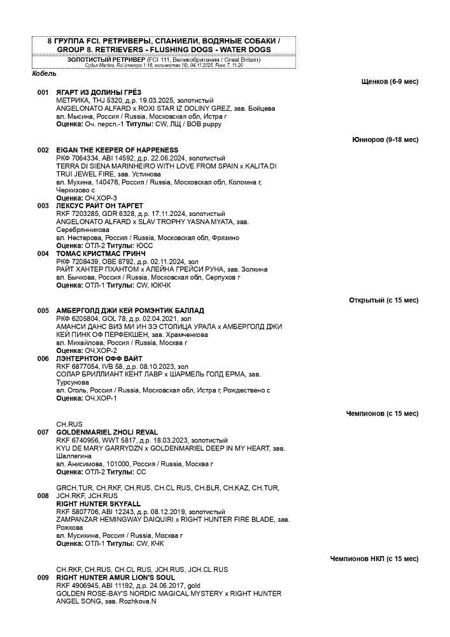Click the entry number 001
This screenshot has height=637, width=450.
[43, 93]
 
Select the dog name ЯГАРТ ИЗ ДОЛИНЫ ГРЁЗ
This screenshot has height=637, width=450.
[99, 93]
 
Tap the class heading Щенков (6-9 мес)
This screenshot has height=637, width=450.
[390, 82]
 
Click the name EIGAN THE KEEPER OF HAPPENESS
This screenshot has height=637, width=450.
[108, 150]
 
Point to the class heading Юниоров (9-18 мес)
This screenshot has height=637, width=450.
[385, 140]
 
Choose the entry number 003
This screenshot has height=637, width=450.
[43, 206]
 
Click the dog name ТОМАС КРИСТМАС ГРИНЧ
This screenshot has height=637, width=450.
[96, 254]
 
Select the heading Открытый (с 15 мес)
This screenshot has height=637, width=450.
[383, 300]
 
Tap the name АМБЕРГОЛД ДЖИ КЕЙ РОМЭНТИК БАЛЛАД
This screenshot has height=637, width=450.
[130, 311]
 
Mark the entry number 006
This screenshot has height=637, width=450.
[43, 359]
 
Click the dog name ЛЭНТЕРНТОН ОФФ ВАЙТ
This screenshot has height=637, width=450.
[99, 359]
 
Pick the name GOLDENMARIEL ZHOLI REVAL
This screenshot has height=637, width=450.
[106, 432]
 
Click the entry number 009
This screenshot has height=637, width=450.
[43, 578]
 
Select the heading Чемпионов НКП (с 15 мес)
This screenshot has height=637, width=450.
[374, 559]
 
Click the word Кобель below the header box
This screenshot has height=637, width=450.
[44, 74]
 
